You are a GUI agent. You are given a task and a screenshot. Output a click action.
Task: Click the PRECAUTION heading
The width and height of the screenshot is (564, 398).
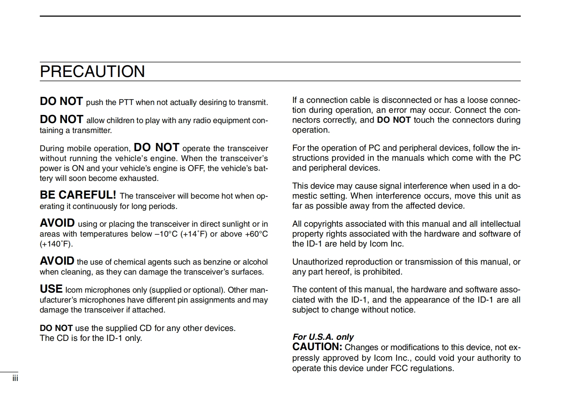[92, 71]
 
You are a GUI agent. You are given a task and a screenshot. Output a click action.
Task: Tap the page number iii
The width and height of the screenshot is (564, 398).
[15, 378]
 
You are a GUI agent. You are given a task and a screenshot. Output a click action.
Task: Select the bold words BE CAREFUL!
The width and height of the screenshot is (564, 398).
[78, 195]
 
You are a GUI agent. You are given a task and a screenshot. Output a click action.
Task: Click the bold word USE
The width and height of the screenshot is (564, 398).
[51, 289]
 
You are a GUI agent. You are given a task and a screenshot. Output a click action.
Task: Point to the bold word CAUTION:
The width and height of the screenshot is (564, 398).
[317, 347]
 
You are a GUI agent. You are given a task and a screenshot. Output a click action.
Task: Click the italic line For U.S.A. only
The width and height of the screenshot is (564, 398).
[323, 337]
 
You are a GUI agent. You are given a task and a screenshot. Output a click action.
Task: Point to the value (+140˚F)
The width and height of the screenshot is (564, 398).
[56, 244]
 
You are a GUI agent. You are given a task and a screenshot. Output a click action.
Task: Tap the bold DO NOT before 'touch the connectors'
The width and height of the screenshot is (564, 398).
[394, 120]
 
